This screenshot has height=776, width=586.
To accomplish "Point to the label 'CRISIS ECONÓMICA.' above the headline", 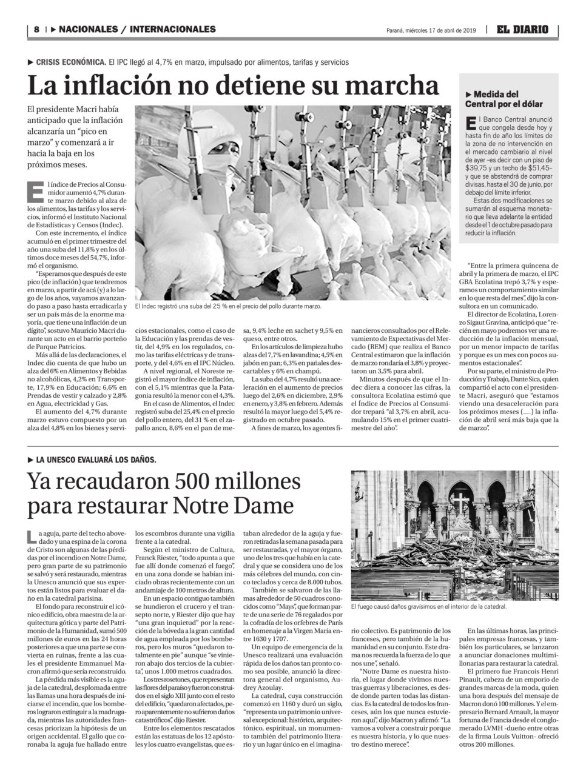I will pyautogui.click(x=71, y=62).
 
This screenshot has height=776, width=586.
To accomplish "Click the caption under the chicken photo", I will pyautogui.click(x=228, y=307).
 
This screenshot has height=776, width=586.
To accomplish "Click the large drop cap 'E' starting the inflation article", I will pyautogui.click(x=35, y=191).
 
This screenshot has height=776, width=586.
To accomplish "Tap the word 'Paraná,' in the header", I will pyautogui.click(x=396, y=30).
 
